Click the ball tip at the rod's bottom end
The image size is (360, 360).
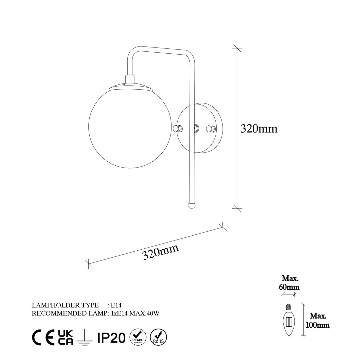pyautogui.click(x=191, y=205)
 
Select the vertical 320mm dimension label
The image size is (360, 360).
pyautogui.click(x=259, y=129)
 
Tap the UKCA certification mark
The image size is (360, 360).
pyautogui.click(x=65, y=337)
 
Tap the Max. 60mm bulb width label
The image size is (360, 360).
pyautogui.click(x=290, y=283)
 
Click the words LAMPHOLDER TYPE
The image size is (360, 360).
pyautogui.click(x=65, y=305)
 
